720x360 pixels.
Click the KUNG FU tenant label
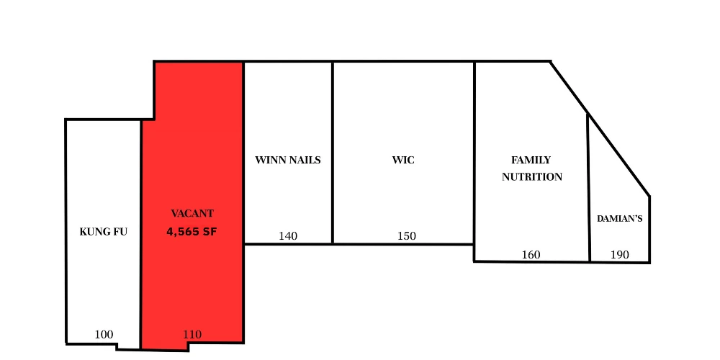[103, 232]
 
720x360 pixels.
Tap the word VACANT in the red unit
[192, 214]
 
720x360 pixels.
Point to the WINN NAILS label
[288, 161]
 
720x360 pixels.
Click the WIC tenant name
[403, 161]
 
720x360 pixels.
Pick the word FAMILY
[531, 161]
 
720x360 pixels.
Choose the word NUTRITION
[532, 177]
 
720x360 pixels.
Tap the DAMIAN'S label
[619, 219]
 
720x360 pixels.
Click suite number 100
[104, 334]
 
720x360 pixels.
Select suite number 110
[192, 334]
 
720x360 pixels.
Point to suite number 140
[288, 236]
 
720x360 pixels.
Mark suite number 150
[407, 236]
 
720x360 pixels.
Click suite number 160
[531, 254]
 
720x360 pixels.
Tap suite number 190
[620, 254]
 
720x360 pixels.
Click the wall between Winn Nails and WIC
[333, 153]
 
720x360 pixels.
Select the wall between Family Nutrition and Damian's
[589, 187]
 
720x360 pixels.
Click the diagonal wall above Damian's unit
[600, 129]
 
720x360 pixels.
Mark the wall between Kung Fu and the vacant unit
[140, 234]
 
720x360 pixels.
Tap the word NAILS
[304, 161]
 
